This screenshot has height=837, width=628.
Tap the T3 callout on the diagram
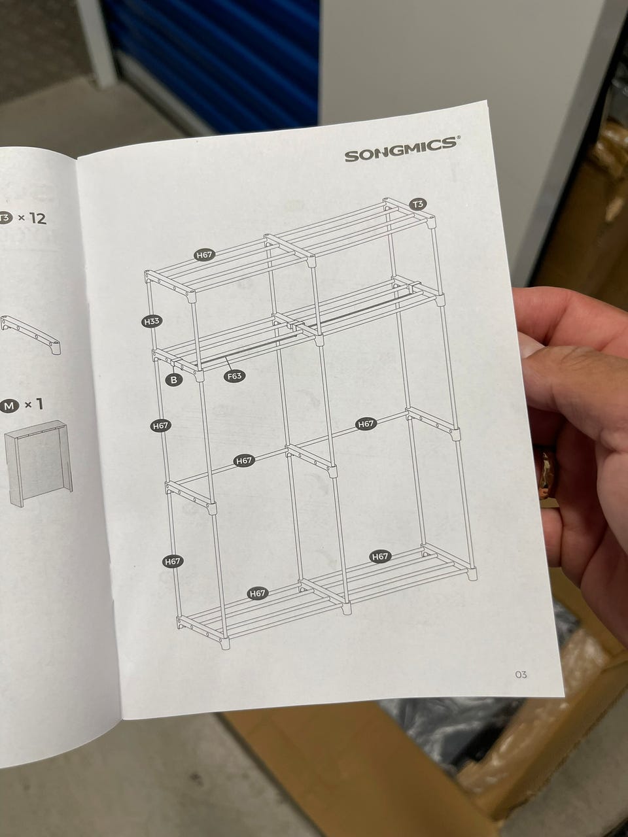[x=418, y=205]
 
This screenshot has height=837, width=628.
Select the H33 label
[x=151, y=322]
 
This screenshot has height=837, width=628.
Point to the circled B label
[x=174, y=380]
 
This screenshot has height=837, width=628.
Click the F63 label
[x=234, y=376]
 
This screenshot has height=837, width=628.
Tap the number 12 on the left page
[x=38, y=218]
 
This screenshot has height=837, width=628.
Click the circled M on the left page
[x=9, y=405]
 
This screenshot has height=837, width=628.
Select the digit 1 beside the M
[x=40, y=404]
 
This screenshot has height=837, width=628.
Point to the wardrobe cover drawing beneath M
[x=38, y=462]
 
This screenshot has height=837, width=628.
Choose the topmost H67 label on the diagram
[x=204, y=255]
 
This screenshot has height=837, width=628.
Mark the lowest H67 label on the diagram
[x=257, y=593]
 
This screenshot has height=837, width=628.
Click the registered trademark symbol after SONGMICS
[x=459, y=138]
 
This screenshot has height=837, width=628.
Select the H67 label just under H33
[x=160, y=426]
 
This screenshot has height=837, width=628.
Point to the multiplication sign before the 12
[x=22, y=218]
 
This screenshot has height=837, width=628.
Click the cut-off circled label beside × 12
[x=6, y=218]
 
